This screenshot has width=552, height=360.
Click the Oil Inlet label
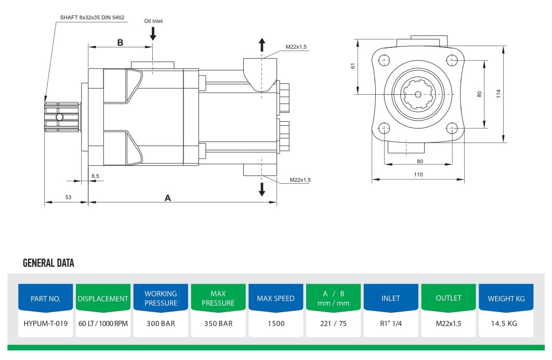[x=153, y=21]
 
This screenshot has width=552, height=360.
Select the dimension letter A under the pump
[x=167, y=198]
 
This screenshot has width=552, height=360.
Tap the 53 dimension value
[x=68, y=197]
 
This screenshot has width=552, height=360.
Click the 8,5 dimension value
[x=95, y=176]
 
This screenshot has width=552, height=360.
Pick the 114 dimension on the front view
[x=498, y=94]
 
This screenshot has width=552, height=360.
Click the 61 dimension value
[x=352, y=66]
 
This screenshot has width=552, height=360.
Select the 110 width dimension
[x=418, y=174]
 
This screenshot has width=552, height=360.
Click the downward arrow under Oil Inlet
[x=153, y=34]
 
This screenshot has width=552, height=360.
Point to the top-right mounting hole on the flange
[x=452, y=60]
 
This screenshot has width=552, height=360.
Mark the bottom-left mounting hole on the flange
[x=385, y=127]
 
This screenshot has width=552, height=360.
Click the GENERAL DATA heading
[x=48, y=263]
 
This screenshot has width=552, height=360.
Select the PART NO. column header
[x=46, y=299]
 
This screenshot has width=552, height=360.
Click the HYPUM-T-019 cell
[x=46, y=323]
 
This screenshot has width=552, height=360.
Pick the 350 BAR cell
[x=218, y=323]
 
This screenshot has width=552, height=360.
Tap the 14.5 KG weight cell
[x=504, y=323]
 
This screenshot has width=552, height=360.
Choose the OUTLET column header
[x=449, y=298]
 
